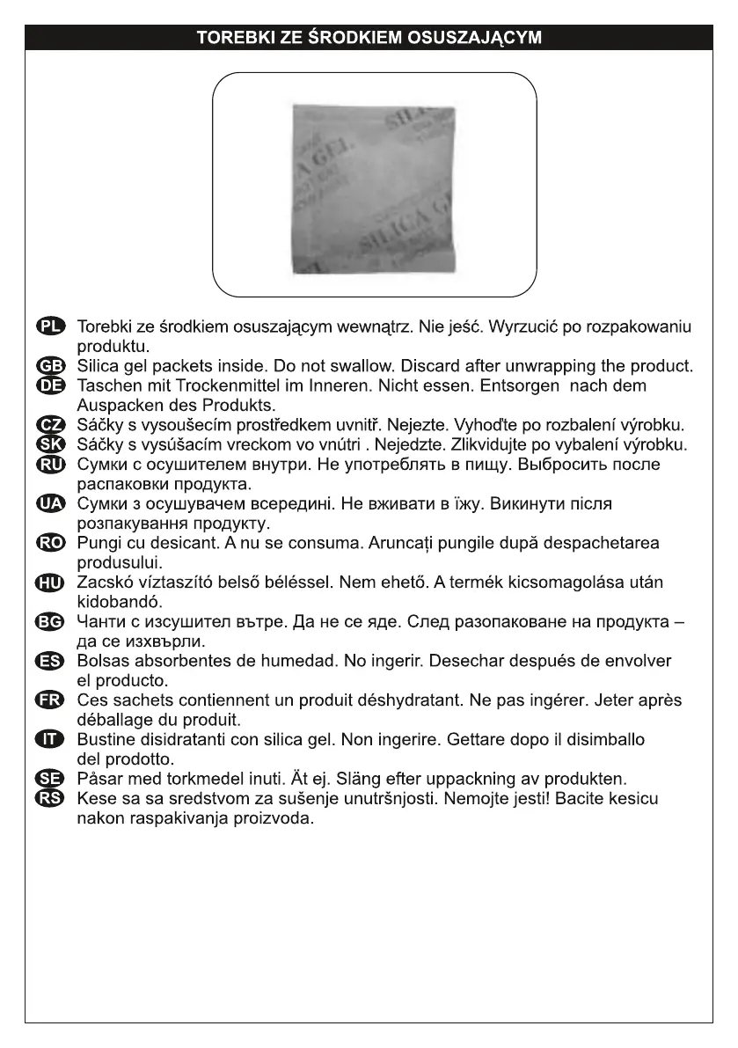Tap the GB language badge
[x=52, y=366]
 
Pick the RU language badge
[x=52, y=463]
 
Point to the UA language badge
[x=52, y=502]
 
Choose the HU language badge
[x=52, y=582]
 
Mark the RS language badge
[x=52, y=798]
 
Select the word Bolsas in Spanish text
[x=101, y=660]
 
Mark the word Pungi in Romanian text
[x=98, y=542]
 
